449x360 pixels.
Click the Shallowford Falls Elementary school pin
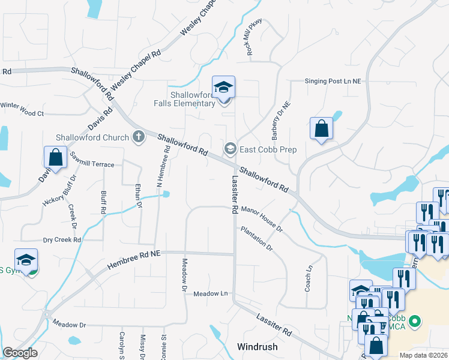click(x=223, y=88)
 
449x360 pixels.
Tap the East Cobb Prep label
click(x=268, y=149)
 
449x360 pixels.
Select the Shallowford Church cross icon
click(x=139, y=137)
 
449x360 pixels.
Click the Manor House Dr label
click(x=262, y=218)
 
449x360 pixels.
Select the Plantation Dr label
click(x=257, y=238)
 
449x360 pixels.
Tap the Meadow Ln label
click(x=211, y=293)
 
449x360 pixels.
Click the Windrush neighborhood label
click(x=257, y=347)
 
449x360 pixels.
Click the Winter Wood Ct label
click(x=23, y=112)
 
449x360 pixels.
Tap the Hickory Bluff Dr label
click(x=60, y=191)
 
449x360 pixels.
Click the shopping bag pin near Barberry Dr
click(x=321, y=128)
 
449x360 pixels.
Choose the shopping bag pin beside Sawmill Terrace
click(x=55, y=158)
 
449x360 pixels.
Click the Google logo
click(x=20, y=353)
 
